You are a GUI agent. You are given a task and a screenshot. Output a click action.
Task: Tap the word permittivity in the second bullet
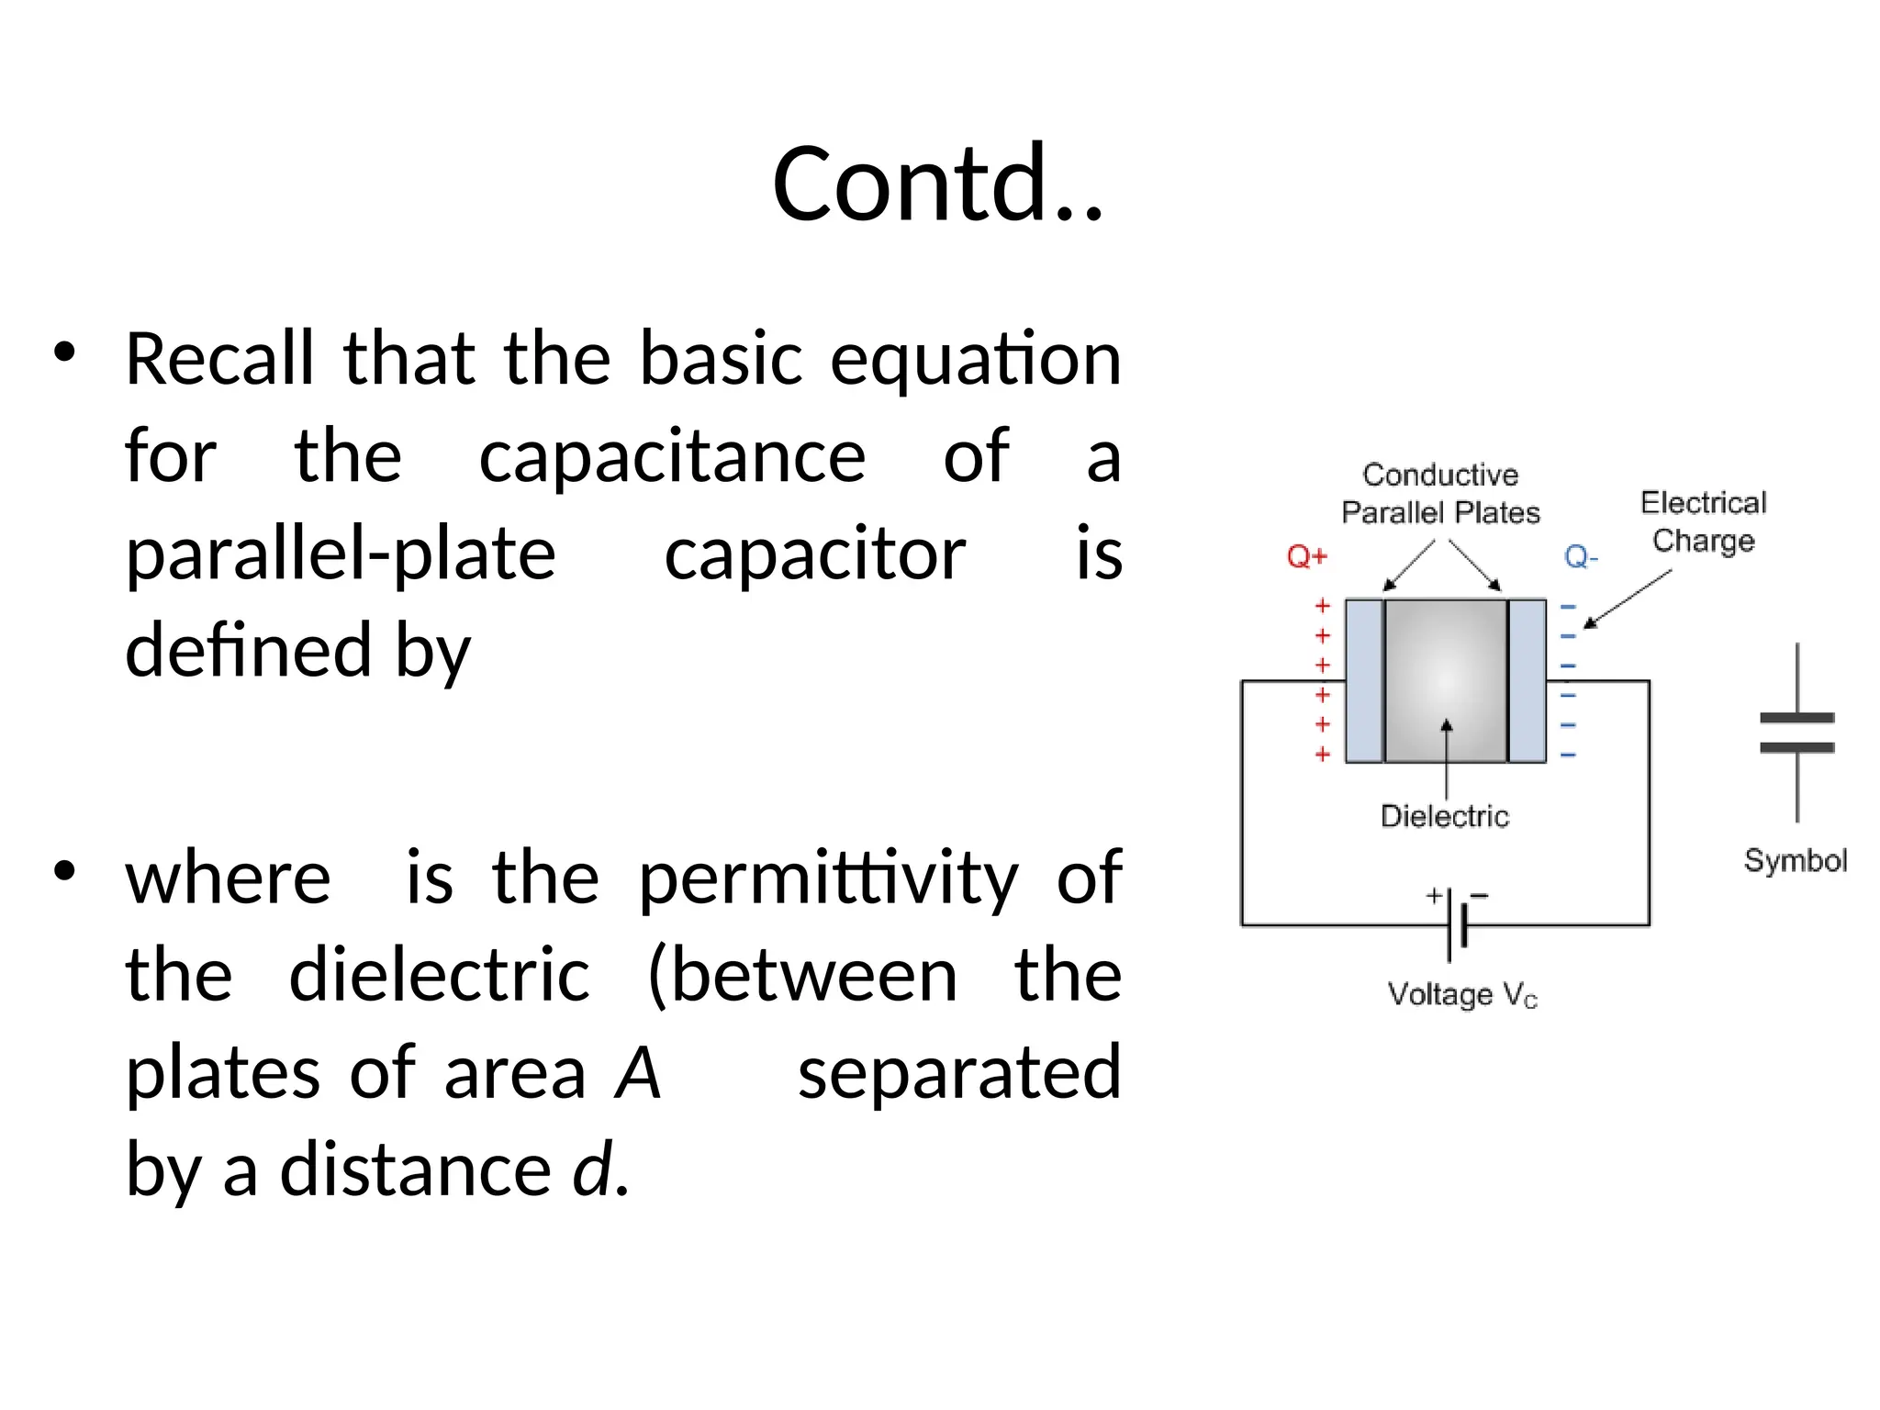(x=827, y=878)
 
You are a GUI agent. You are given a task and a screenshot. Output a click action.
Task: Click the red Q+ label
(x=1306, y=556)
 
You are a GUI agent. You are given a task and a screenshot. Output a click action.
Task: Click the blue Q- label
(x=1581, y=556)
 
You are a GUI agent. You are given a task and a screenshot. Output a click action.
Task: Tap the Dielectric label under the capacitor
(x=1444, y=816)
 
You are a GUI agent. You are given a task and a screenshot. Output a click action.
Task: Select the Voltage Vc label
(x=1461, y=994)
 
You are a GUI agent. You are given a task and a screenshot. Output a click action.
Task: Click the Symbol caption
(x=1795, y=860)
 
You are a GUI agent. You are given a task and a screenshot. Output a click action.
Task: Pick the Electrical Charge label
(x=1703, y=521)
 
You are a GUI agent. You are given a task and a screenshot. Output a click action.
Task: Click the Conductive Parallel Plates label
(x=1440, y=493)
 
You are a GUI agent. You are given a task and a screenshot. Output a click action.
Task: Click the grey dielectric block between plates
(x=1446, y=680)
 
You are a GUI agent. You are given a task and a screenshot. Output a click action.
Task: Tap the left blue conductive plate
(x=1364, y=680)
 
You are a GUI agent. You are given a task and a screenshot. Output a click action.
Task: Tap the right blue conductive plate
(x=1527, y=680)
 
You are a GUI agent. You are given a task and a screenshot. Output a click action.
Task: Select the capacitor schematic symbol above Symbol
(x=1796, y=733)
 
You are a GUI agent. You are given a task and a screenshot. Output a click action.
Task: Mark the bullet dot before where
(x=64, y=870)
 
